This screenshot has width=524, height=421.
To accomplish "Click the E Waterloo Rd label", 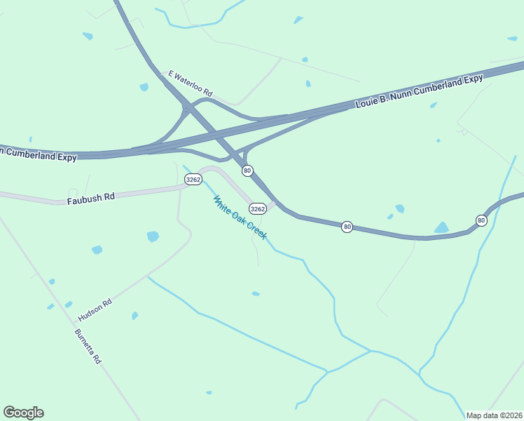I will (x=190, y=83).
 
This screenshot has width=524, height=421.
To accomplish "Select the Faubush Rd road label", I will (x=90, y=199).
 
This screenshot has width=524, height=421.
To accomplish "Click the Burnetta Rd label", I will (x=88, y=346).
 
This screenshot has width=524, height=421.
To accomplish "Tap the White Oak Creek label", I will (x=240, y=218).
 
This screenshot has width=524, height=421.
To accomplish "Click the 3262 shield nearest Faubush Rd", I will (x=193, y=180).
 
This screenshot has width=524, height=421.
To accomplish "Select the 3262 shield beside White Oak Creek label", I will (x=258, y=209).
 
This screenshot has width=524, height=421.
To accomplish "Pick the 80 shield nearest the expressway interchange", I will (x=247, y=171).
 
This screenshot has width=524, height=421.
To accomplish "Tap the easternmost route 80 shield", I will (x=481, y=220).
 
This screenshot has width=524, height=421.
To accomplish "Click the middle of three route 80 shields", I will (x=347, y=227).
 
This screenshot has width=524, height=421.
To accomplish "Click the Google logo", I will (x=23, y=413).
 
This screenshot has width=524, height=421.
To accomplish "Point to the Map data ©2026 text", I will (x=493, y=415).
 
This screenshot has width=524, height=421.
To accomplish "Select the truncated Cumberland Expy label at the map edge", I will (x=39, y=154).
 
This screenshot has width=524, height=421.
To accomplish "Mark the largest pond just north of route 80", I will (x=441, y=227).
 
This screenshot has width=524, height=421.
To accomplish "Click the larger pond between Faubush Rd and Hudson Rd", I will (x=153, y=236).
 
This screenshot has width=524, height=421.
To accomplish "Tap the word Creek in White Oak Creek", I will (x=256, y=231).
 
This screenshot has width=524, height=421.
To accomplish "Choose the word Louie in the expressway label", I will (x=368, y=102).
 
